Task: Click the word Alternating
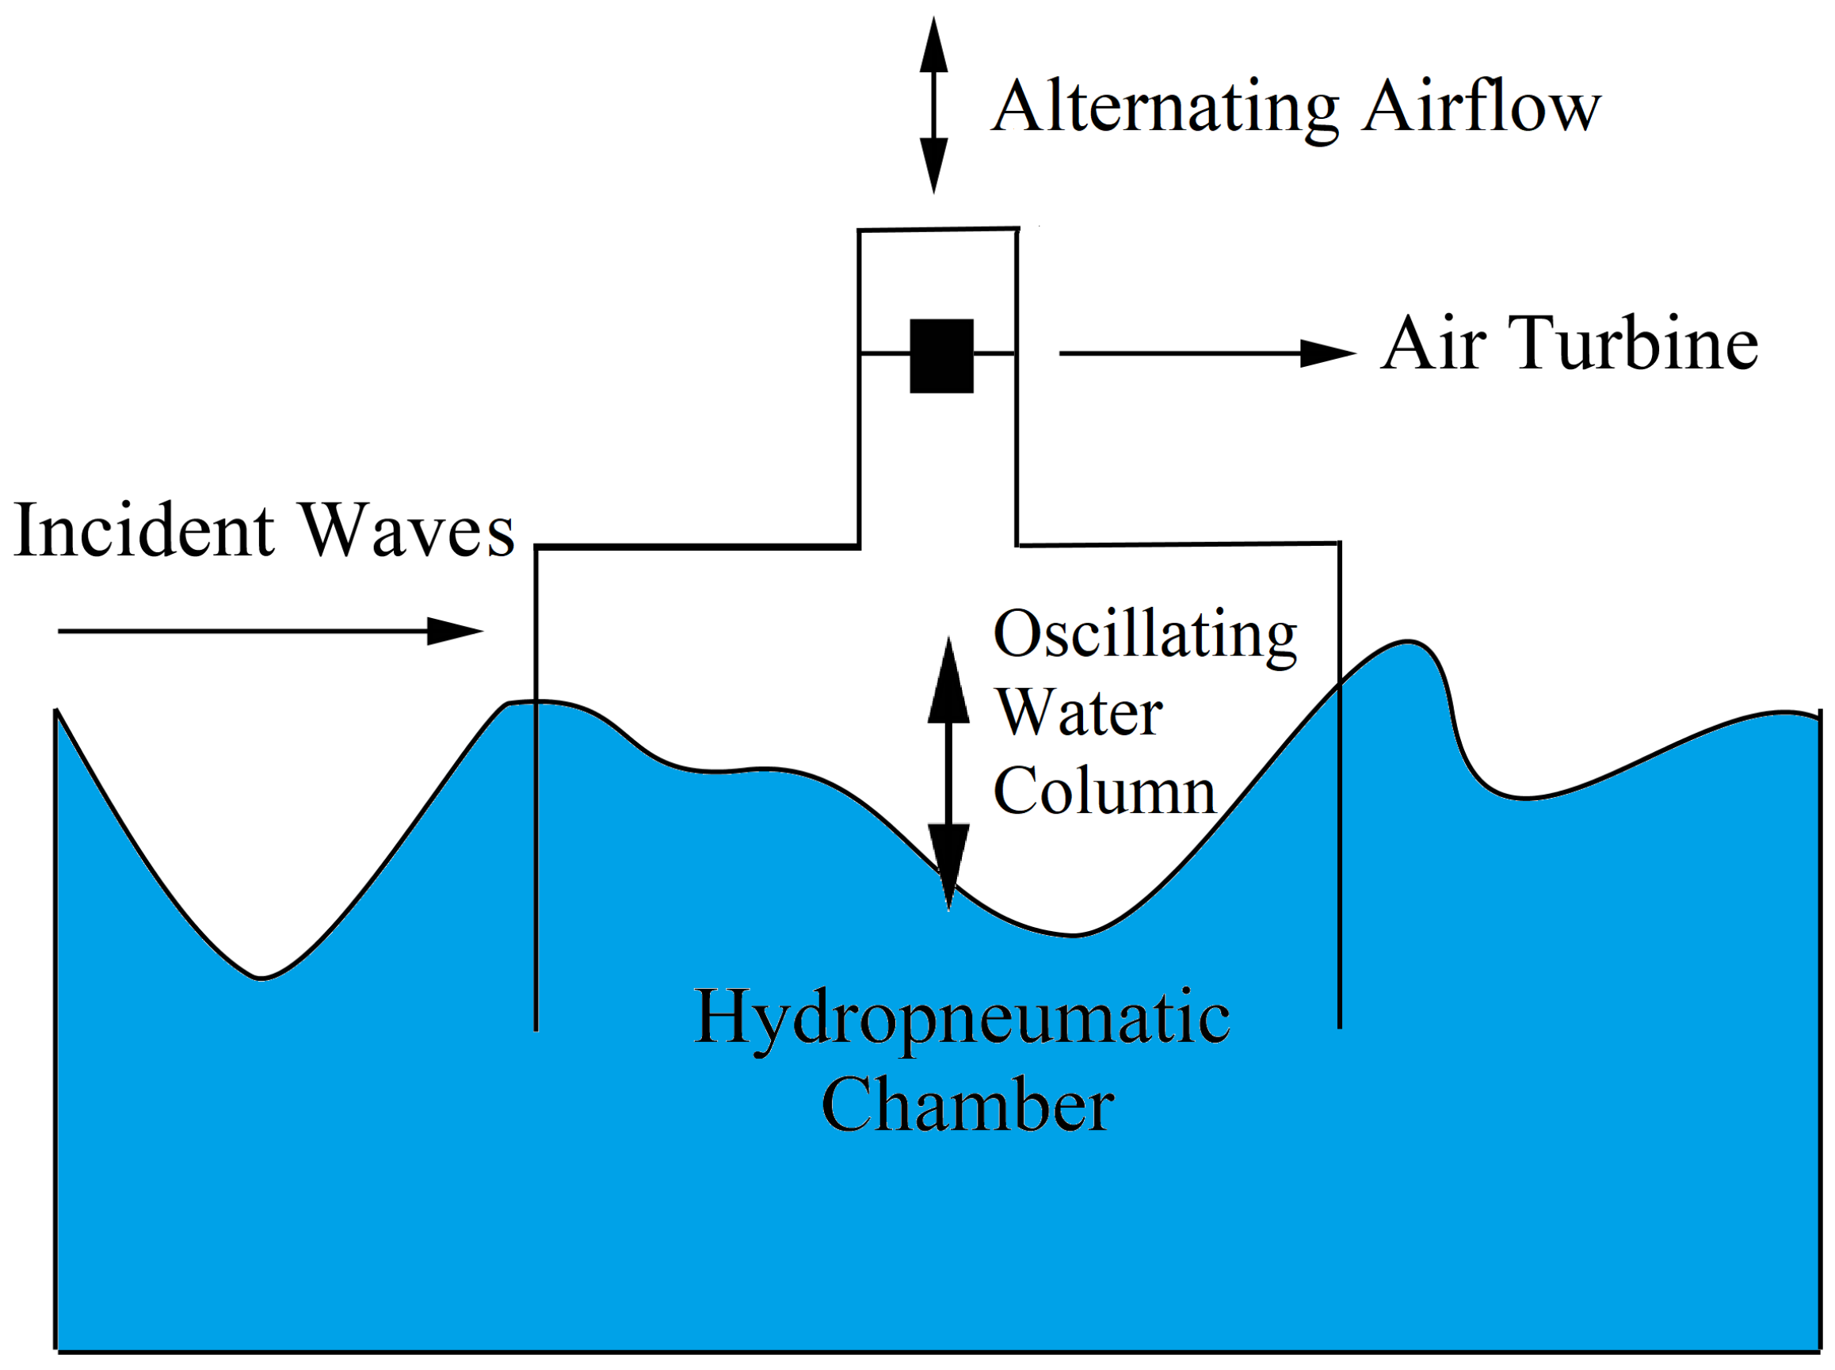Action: click(x=1165, y=108)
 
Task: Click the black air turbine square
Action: click(x=941, y=356)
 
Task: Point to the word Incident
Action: click(x=144, y=531)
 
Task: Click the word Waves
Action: click(x=406, y=531)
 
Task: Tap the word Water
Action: click(x=1079, y=713)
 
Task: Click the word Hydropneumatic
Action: click(x=961, y=1018)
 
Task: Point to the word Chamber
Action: click(x=967, y=1105)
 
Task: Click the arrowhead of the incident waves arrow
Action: click(x=456, y=631)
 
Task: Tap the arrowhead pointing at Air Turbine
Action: click(x=1326, y=353)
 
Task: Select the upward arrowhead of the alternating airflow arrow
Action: click(x=933, y=46)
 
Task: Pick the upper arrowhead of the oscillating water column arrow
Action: click(x=948, y=683)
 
